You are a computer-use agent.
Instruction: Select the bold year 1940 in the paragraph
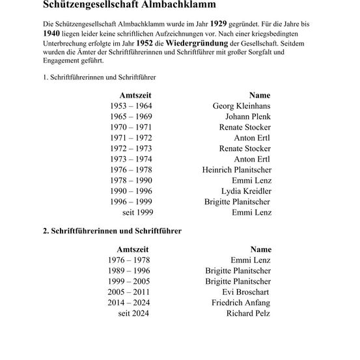point(46,35)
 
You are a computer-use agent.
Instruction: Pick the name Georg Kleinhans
point(242,106)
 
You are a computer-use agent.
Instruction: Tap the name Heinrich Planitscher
point(238,170)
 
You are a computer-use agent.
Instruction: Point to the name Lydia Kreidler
point(247,191)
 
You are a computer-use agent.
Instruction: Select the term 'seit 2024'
point(133,314)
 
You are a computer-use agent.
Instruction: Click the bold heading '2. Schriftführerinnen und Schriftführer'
point(107,230)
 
